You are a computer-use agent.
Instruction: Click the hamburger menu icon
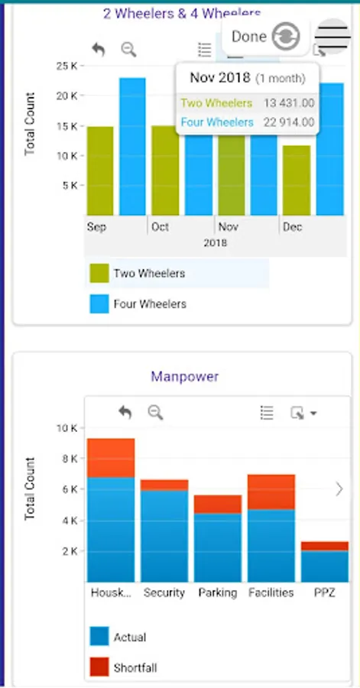coord(332,36)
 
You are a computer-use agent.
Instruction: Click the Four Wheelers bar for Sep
coord(132,146)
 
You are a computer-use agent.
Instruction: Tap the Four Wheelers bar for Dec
coord(329,149)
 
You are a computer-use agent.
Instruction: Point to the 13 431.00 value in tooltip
coord(288,102)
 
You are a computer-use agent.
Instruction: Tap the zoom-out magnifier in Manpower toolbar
coord(155,413)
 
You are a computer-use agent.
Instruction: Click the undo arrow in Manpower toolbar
coord(125,413)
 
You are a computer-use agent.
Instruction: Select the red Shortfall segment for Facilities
coord(271,492)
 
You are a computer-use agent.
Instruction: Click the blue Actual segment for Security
coord(164,535)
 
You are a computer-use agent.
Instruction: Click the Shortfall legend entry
coord(134,667)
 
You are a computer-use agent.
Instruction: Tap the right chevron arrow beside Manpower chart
coord(339,489)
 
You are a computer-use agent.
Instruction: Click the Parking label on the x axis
coord(217,592)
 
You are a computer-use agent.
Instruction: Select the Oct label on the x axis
coord(160,228)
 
